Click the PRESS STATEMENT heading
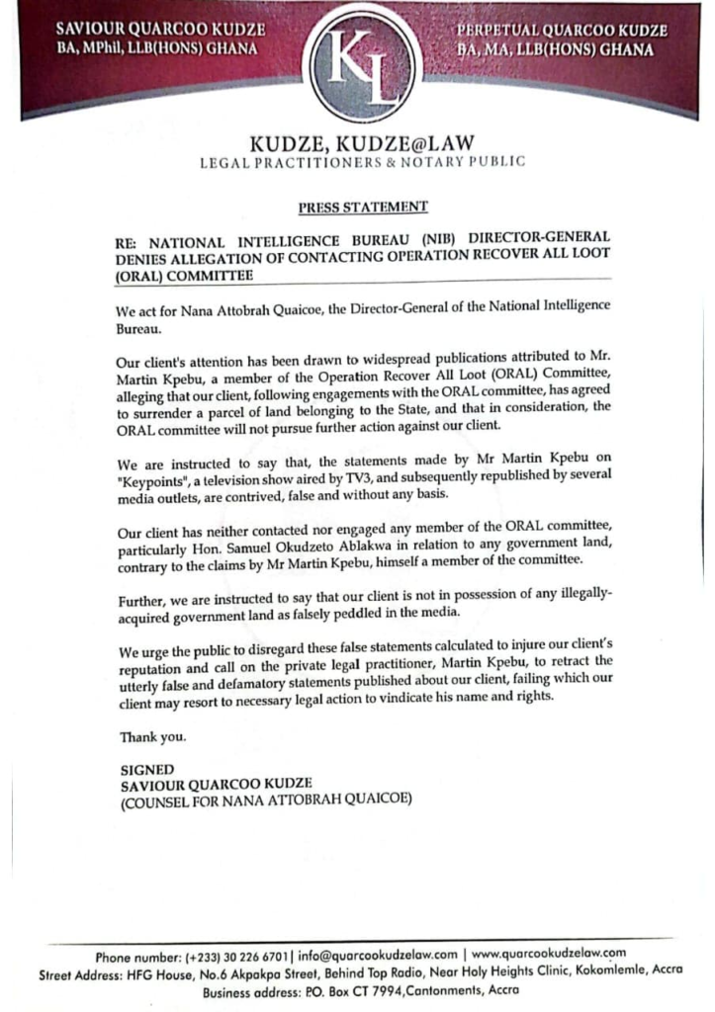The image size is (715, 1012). coord(363,207)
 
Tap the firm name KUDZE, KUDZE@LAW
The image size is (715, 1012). coord(363,144)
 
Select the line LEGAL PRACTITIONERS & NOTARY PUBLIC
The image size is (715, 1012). coord(363,162)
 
